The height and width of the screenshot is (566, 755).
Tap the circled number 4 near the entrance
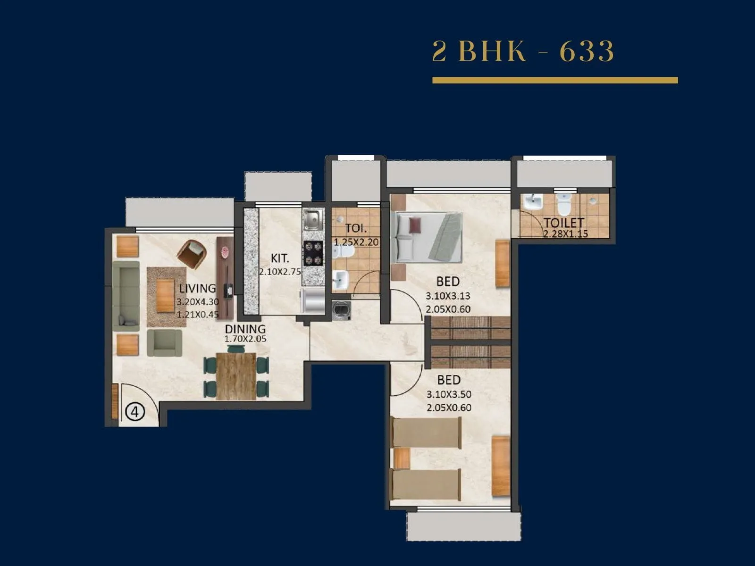pyautogui.click(x=134, y=412)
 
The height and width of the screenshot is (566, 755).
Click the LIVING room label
pyautogui.click(x=197, y=288)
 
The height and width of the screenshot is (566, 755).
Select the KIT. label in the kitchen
pyautogui.click(x=280, y=258)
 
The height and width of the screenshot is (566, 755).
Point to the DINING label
pyautogui.click(x=245, y=329)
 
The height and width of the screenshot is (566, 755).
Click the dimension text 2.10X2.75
pyautogui.click(x=280, y=272)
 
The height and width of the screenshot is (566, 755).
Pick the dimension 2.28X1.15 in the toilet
pyautogui.click(x=565, y=233)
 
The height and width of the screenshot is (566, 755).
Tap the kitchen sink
pyautogui.click(x=313, y=220)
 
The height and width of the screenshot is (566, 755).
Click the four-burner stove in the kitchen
pyautogui.click(x=313, y=253)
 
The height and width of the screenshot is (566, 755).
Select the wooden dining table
pyautogui.click(x=236, y=376)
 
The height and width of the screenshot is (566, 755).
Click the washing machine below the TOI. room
pyautogui.click(x=341, y=310)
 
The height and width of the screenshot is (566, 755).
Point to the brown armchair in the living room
pyautogui.click(x=192, y=254)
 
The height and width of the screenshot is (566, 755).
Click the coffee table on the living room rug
pyautogui.click(x=165, y=296)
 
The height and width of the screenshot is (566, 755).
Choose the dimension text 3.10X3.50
pyautogui.click(x=449, y=394)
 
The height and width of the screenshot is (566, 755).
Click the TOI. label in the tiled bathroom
pyautogui.click(x=356, y=229)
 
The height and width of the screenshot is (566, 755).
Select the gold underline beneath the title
pyautogui.click(x=555, y=81)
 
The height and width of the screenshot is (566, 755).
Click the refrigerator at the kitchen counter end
pyautogui.click(x=312, y=300)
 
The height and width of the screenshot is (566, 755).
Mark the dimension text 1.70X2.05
pyautogui.click(x=245, y=339)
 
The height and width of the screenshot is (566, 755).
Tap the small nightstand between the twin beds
pyautogui.click(x=401, y=458)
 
